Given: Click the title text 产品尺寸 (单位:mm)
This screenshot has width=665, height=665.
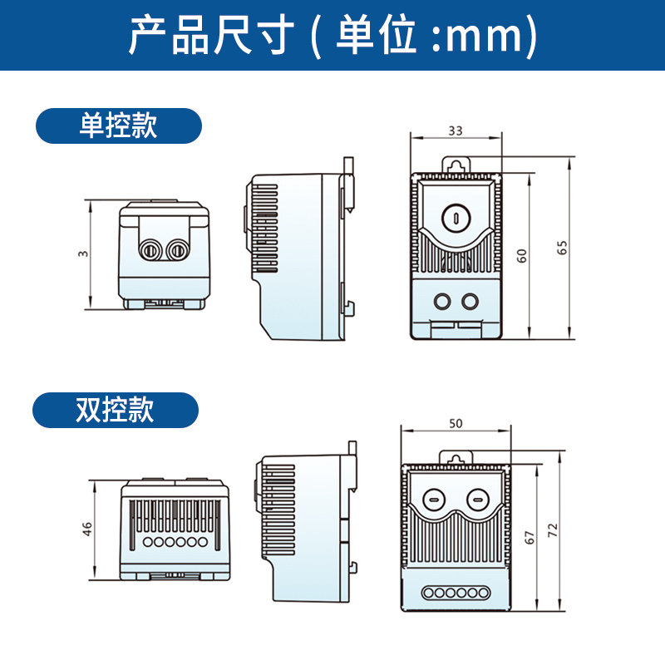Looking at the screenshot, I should point(332,35).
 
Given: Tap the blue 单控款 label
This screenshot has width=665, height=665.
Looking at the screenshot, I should point(118,126).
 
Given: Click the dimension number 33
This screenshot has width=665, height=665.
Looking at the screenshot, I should point(456,131).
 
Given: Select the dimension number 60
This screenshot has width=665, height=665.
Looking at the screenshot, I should point(522,255).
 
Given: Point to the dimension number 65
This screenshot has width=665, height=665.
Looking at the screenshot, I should point(562,247).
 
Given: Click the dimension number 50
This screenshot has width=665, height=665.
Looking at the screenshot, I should point(456,423).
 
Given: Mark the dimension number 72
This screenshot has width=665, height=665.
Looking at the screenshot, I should point(553,530).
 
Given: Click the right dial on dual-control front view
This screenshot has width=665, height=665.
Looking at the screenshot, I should point(477,500).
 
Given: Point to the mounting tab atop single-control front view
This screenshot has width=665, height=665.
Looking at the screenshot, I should point(456,165).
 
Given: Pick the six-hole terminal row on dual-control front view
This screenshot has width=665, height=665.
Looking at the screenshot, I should point(455,593).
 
